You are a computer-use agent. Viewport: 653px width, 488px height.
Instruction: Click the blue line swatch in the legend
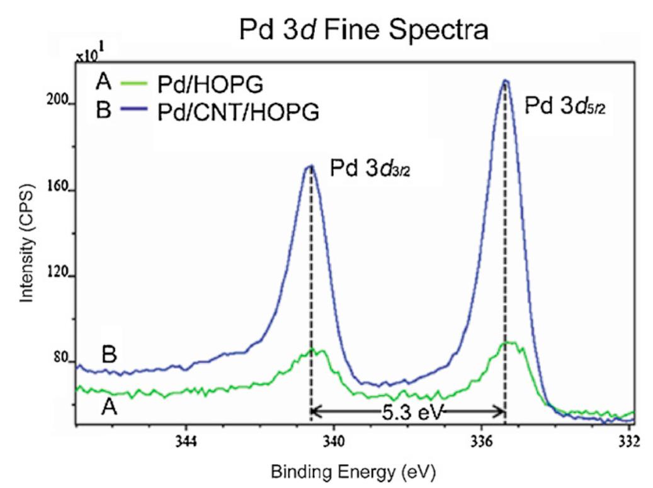[x=136, y=112]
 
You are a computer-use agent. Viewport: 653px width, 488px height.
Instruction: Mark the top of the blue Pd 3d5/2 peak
[x=505, y=81]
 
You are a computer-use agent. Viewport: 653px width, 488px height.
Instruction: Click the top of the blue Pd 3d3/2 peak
[x=310, y=166]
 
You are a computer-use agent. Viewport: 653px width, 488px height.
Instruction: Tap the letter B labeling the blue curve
[x=109, y=355]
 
